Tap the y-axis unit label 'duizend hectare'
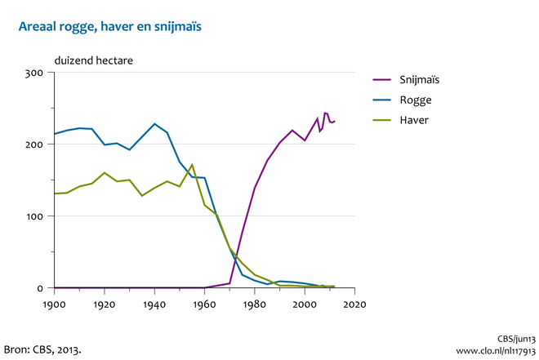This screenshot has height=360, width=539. pyautogui.click(x=94, y=60)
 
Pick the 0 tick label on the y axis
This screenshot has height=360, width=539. pyautogui.click(x=39, y=288)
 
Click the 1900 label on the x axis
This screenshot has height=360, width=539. pyautogui.click(x=54, y=304)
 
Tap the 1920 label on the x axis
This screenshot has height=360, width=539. pyautogui.click(x=105, y=304)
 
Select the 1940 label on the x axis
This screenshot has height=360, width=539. pyautogui.click(x=154, y=304)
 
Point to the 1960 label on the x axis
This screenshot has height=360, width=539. pyautogui.click(x=205, y=304)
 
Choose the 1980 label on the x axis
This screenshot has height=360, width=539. pyautogui.click(x=255, y=304)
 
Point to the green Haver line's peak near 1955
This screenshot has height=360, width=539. pyautogui.click(x=192, y=165)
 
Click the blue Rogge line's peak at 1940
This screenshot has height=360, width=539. pyautogui.click(x=154, y=124)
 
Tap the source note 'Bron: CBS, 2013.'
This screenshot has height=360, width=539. pyautogui.click(x=43, y=349)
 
